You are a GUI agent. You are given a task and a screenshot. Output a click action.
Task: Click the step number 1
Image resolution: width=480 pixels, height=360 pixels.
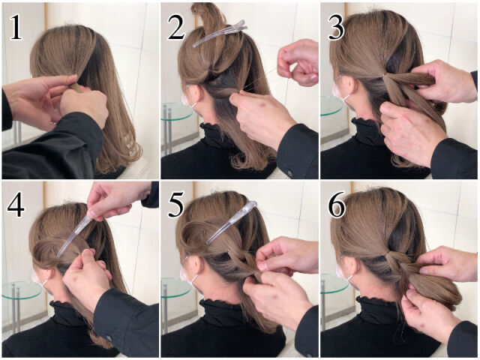point(16,27)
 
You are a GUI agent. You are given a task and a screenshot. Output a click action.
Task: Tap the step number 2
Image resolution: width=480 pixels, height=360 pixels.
point(176,28)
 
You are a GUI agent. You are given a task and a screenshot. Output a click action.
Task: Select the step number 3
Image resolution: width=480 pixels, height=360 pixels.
point(336,28)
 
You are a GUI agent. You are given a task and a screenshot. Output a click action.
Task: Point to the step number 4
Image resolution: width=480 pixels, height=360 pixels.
point(16,205)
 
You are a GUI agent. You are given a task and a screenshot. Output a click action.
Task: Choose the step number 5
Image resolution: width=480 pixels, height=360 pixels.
point(175,205)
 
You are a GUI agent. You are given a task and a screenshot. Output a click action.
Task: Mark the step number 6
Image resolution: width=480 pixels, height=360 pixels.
point(337,205)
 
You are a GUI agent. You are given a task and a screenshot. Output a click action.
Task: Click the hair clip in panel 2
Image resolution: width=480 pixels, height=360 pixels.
point(220,33)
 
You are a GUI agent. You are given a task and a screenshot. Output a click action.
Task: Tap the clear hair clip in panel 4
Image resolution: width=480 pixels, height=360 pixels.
point(74,234)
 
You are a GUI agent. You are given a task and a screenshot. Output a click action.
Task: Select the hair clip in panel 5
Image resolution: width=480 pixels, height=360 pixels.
point(232,222)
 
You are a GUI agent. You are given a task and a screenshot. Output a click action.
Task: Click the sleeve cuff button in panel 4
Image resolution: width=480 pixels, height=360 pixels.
point(109,338)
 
